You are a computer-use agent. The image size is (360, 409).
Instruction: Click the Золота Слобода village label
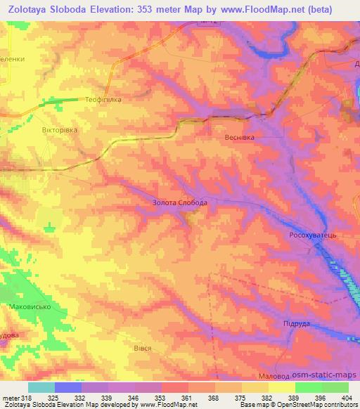click(179, 202)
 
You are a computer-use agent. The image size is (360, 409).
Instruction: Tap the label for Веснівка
click(239, 137)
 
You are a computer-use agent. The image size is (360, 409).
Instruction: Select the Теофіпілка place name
click(103, 100)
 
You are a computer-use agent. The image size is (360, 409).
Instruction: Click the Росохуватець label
click(314, 235)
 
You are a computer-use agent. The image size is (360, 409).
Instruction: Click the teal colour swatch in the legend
click(41, 387)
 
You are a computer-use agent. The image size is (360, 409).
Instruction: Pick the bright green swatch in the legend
click(309, 387)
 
